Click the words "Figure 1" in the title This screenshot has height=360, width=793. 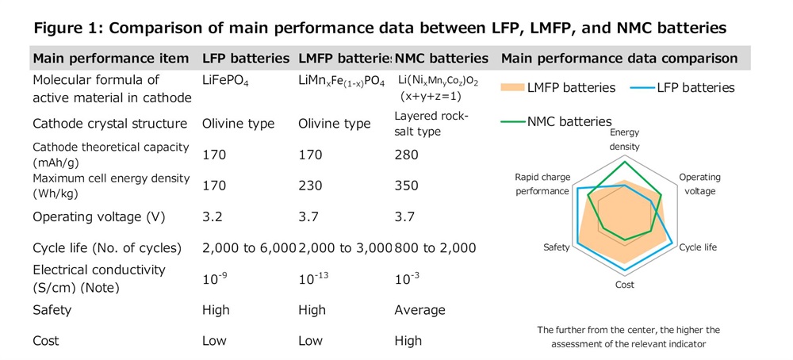tap(66, 28)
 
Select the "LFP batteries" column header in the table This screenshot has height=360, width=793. tap(246, 59)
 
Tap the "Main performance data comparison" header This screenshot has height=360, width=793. tap(619, 59)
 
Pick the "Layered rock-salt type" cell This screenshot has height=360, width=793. tap(431, 124)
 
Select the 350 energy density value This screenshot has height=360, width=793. tap(405, 186)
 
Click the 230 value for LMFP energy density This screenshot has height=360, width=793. tap(310, 186)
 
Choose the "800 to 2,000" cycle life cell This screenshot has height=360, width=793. tap(435, 248)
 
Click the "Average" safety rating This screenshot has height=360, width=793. tap(419, 310)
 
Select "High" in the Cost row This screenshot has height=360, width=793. tap(408, 341)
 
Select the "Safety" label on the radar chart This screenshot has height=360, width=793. tap(557, 247)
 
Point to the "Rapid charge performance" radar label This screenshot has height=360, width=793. tap(542, 184)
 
